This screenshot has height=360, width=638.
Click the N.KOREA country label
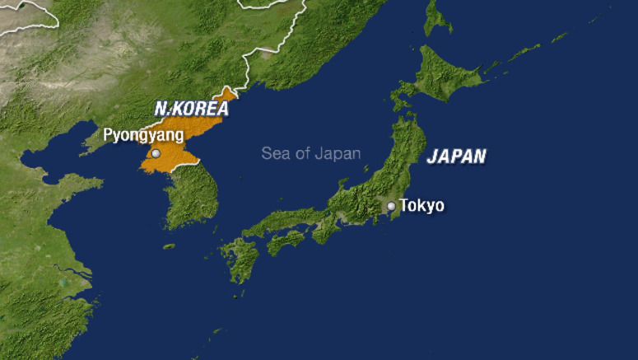[191, 108]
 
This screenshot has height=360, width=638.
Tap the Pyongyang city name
[142, 135]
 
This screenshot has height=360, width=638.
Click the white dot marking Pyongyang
[156, 153]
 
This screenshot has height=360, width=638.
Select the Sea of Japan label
[310, 153]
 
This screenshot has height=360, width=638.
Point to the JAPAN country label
[456, 157]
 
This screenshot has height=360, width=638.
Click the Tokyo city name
[421, 205]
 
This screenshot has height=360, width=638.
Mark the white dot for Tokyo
[392, 206]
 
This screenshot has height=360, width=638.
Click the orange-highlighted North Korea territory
[185, 152]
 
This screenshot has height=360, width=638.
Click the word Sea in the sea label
[275, 153]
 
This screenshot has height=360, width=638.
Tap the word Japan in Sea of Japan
[340, 153]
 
